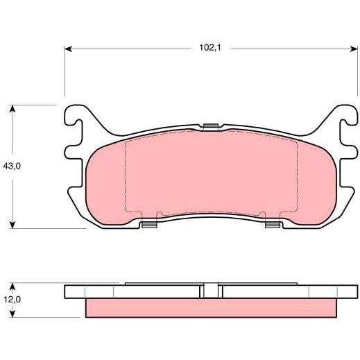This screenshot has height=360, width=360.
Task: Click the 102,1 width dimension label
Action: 210,48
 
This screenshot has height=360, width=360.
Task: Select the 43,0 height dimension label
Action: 12,166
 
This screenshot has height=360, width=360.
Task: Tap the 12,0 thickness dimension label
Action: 12,300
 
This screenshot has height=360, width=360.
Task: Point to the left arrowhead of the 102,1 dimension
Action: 68,49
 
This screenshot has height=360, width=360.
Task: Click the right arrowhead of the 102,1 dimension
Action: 354,49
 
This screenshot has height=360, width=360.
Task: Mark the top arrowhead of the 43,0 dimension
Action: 12,109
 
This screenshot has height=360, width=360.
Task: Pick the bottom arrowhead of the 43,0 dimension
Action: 12,225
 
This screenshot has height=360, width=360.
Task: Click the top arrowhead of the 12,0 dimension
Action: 12,287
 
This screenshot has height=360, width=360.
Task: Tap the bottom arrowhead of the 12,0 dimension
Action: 12,314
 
